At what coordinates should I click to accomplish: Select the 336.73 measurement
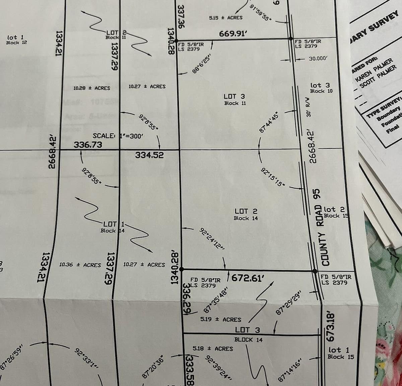[88, 145]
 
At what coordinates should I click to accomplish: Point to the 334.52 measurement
[149, 155]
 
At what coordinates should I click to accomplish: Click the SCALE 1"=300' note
[118, 136]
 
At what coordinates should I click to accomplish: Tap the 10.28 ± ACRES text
[92, 88]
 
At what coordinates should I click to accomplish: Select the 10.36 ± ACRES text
[80, 265]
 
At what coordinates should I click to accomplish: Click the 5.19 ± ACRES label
[221, 319]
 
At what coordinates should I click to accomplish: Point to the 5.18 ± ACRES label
[213, 348]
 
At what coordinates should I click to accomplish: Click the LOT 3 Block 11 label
[235, 100]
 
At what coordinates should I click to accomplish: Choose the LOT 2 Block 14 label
[246, 214]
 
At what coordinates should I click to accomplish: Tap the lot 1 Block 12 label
[16, 40]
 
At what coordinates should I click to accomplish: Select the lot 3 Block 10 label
[321, 88]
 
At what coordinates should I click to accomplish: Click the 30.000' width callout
[318, 58]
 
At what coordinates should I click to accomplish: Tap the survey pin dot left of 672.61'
[182, 269]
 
